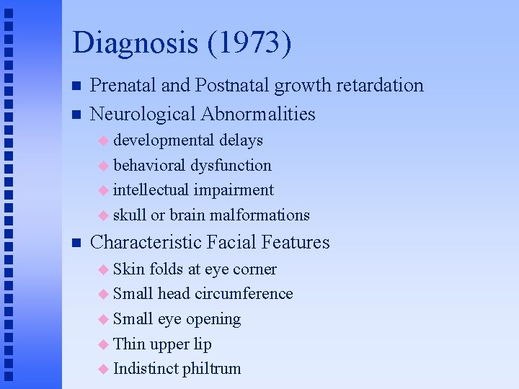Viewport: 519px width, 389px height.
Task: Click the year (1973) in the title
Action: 249,43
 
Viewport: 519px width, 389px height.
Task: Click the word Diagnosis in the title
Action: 135,43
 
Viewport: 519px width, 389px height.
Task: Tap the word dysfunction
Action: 231,165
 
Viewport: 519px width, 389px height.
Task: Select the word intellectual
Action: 152,190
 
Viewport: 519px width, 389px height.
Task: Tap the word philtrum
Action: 211,369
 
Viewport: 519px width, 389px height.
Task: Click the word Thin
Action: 129,344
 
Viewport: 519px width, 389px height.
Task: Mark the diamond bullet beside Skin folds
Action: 103,269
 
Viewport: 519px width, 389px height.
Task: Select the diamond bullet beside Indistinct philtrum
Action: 103,370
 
